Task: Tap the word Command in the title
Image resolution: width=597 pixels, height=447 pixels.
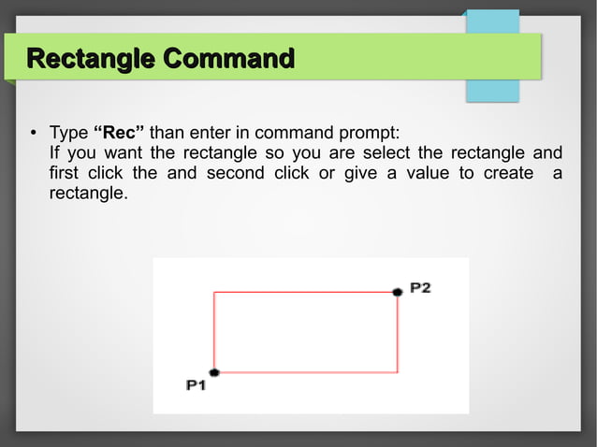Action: click(x=229, y=60)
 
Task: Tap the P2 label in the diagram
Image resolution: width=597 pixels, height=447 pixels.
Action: click(x=419, y=288)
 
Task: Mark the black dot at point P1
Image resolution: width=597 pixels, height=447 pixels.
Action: click(x=214, y=372)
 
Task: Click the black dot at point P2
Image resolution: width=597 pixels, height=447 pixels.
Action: click(x=398, y=293)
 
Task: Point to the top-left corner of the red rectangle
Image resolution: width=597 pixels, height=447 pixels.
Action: click(x=214, y=293)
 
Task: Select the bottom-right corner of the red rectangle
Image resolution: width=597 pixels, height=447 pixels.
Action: click(x=398, y=372)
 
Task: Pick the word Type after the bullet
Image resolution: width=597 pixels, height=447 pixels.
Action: click(x=67, y=131)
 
